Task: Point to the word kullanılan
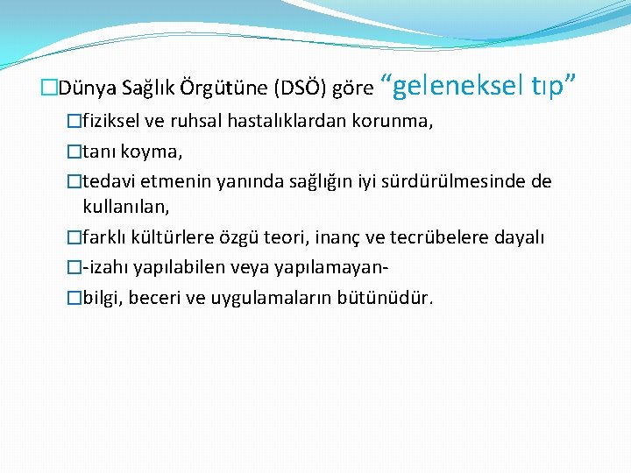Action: [x=124, y=207]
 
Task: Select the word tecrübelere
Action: [x=445, y=237]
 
